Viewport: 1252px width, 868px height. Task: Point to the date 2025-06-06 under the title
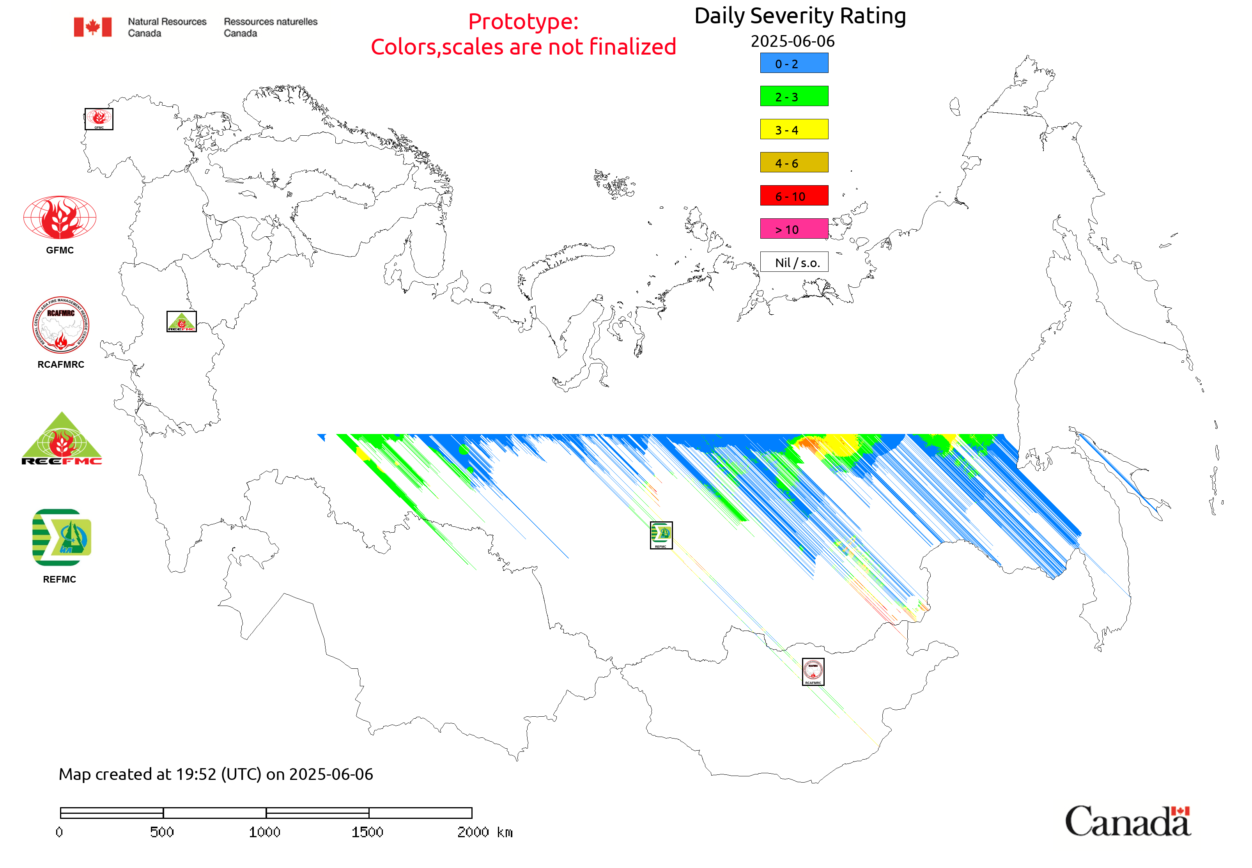[x=792, y=41]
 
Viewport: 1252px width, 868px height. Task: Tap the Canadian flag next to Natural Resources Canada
[x=93, y=27]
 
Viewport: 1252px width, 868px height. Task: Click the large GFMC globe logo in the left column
[x=60, y=218]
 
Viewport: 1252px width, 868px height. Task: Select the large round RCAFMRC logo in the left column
[x=60, y=325]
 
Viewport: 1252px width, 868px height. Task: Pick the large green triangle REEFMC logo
[x=62, y=439]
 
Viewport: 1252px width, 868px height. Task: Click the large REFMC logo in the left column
[x=62, y=537]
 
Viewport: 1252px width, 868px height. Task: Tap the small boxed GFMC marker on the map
[x=99, y=119]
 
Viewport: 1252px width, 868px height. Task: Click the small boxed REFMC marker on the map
[x=661, y=535]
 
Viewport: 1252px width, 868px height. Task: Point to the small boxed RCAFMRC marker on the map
[x=813, y=671]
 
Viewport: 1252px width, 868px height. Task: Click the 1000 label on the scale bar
[x=264, y=832]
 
